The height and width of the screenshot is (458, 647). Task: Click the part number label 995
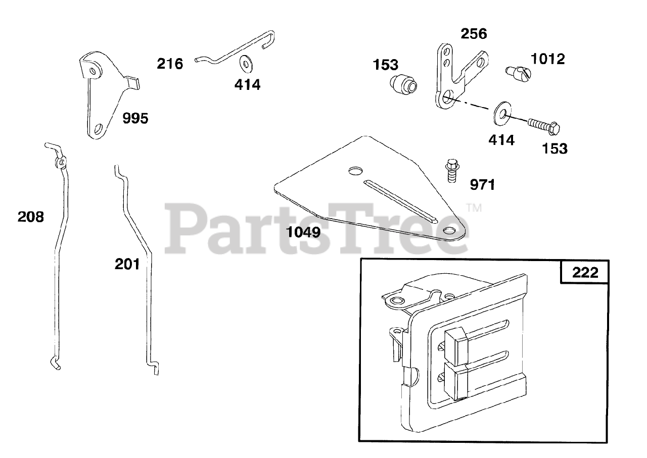coord(135,119)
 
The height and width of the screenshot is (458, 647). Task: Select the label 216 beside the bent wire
coord(170,64)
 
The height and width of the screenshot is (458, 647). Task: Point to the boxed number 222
coord(585,273)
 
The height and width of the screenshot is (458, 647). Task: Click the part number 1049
coord(303,233)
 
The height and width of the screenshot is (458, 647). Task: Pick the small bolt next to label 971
coord(451,170)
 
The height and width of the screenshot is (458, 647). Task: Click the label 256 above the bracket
coord(474,34)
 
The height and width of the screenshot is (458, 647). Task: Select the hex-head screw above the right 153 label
coord(543,125)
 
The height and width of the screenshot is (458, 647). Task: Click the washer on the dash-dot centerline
coord(499,113)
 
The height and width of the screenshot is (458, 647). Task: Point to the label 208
coord(31,217)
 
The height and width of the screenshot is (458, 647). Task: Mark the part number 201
coord(127,264)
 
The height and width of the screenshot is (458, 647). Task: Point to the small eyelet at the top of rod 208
coord(60,162)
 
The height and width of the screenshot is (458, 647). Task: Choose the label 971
coord(483,185)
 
